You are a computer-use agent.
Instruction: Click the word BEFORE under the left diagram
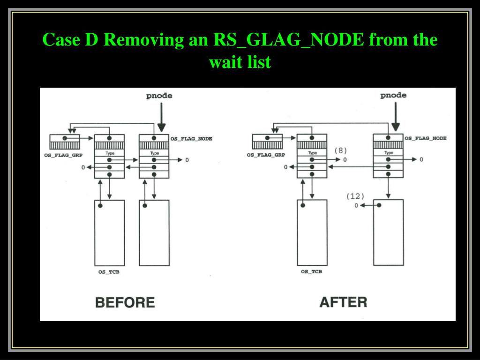[x=125, y=302]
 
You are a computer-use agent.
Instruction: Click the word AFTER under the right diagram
[x=343, y=302]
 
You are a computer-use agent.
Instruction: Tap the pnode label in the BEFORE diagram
[x=159, y=96]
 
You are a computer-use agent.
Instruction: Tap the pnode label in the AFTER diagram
[x=393, y=95]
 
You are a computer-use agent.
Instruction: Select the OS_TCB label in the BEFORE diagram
[x=109, y=272]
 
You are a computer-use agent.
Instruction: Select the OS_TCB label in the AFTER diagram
[x=311, y=272]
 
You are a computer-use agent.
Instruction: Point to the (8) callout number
[x=340, y=150]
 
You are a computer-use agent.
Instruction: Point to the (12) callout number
[x=355, y=196]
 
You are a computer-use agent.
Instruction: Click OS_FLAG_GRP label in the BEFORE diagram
[x=63, y=155]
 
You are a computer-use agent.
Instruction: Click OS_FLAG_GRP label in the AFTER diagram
[x=266, y=155]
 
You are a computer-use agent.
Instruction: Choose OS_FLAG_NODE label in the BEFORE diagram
[x=191, y=139]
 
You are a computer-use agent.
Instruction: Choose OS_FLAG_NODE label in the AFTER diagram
[x=426, y=138]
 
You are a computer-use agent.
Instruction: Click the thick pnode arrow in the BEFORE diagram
[x=161, y=117]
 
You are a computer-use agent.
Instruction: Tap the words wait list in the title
[x=240, y=62]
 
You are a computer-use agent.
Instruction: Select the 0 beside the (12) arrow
[x=356, y=205]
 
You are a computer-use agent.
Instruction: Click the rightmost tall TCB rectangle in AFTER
[x=388, y=232]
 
